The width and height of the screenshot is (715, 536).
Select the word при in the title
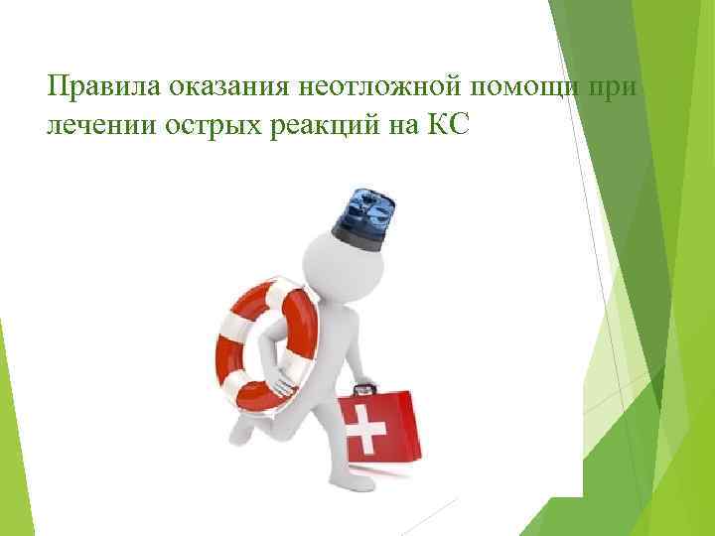pyautogui.click(x=617, y=87)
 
